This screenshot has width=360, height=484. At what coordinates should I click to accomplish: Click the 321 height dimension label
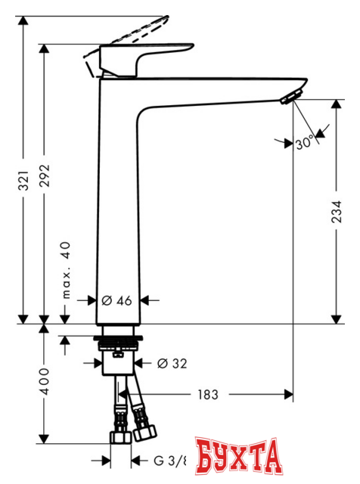[24, 179]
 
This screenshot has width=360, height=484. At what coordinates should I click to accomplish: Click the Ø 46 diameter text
[117, 300]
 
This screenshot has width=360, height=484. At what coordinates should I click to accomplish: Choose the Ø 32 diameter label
[172, 364]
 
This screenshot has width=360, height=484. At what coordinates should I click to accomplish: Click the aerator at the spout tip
[291, 98]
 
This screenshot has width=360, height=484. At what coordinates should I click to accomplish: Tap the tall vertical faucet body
[117, 204]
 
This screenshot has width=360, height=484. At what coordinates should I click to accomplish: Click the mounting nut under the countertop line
[121, 355]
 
